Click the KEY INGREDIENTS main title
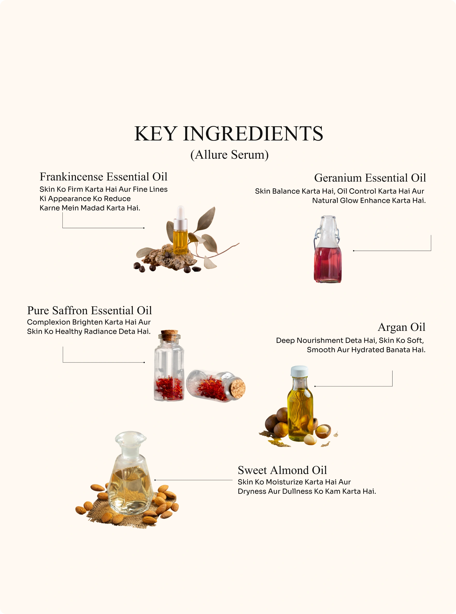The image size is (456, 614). tap(229, 134)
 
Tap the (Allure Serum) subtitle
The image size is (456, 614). tap(229, 155)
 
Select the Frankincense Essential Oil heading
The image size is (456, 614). tap(104, 177)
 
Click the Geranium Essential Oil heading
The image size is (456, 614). tap(370, 178)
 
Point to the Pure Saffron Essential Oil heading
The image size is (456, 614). tap(89, 310)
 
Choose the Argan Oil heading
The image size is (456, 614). tap(402, 327)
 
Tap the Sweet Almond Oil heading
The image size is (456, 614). tap(282, 470)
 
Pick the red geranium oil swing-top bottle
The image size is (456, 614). tap(327, 249)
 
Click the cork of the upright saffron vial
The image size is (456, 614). tap(169, 335)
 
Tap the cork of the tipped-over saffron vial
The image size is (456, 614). tap(237, 389)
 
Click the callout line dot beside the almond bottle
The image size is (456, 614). tap(155, 480)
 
